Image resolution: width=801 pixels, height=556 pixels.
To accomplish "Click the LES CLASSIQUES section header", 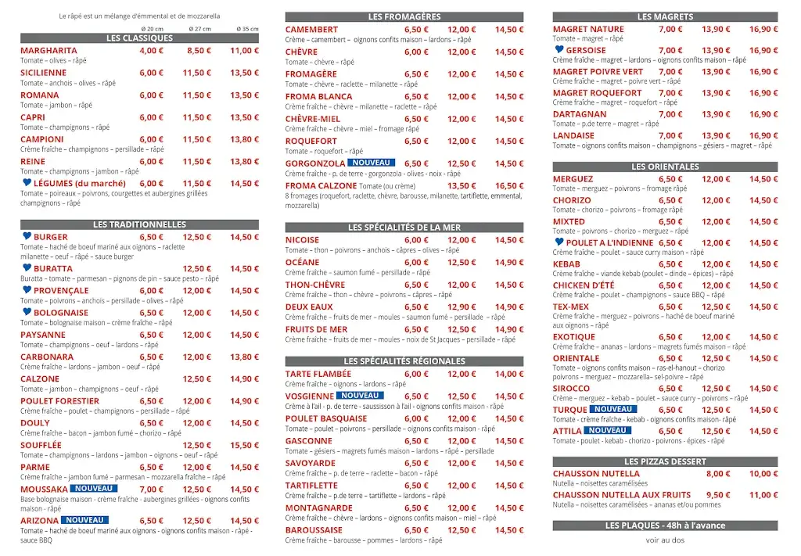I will pos(139,38).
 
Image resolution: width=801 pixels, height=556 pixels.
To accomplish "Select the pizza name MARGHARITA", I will pos(48,51).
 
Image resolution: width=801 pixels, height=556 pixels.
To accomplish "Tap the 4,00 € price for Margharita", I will pos(152,51).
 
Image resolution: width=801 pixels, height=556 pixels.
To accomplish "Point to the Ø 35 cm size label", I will pos(248,29).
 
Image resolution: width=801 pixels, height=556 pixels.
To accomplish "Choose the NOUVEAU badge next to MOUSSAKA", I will pos(95,489).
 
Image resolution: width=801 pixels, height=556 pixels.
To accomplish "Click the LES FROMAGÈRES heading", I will pos(404,16).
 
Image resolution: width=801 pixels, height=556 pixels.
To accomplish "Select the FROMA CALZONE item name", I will pos(321,186).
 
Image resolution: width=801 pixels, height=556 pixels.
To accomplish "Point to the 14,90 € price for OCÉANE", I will pos(509,263).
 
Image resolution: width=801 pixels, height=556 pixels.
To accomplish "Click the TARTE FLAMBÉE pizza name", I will pos(318,375).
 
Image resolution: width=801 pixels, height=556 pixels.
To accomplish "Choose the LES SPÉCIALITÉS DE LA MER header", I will pos(404,228).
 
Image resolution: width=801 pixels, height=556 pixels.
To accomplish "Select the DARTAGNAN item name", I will pos(580,114).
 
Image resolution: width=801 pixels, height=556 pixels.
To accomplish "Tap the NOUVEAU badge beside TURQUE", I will pos(613,409).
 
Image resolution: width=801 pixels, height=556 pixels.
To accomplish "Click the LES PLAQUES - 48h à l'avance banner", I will pos(665,526).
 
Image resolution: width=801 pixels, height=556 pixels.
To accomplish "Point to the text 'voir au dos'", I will pos(665,540).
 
